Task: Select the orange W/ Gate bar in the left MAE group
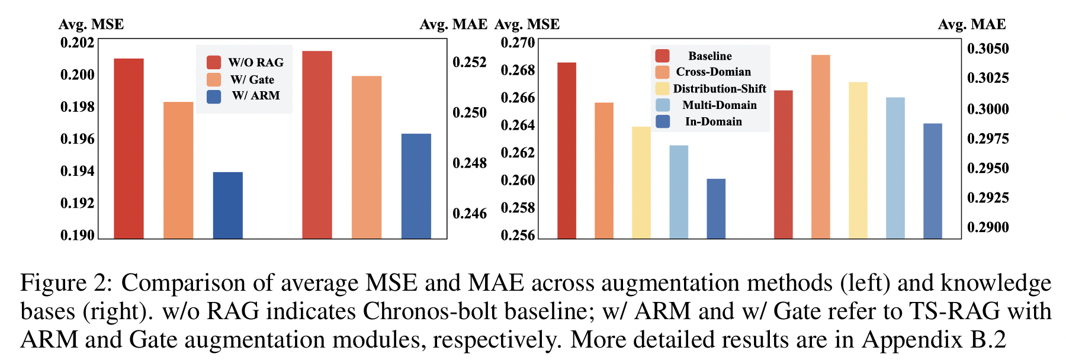366,157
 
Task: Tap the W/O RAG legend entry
245,62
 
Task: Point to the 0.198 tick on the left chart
77,107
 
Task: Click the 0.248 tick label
469,162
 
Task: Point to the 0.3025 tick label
987,78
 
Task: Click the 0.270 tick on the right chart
518,43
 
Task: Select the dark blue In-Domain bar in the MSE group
715,208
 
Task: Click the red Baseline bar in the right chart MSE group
566,150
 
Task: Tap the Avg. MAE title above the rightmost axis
971,24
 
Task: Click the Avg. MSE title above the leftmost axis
91,24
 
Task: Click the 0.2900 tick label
987,227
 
